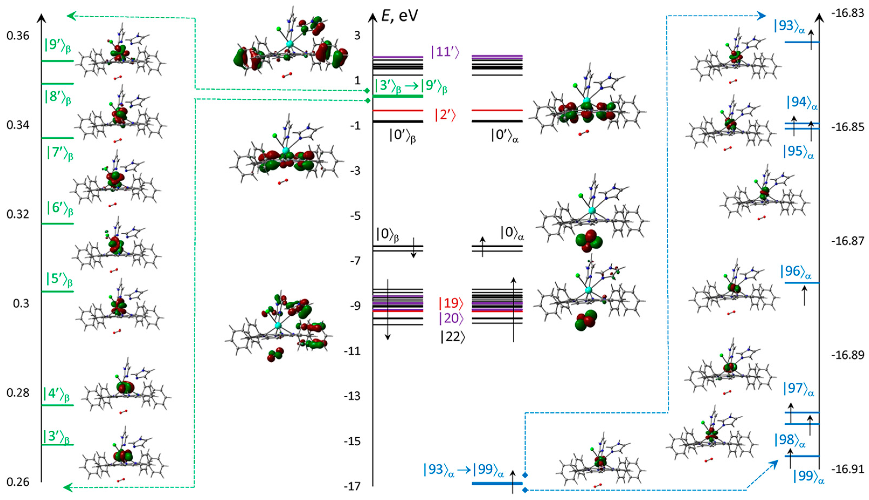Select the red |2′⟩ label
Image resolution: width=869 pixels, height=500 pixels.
[445, 115]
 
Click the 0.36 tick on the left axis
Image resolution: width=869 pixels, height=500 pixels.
[18, 36]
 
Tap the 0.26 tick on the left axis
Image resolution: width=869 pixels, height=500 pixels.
[18, 482]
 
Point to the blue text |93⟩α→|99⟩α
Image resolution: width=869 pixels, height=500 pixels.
[463, 470]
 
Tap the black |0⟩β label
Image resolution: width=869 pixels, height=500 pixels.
[387, 235]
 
